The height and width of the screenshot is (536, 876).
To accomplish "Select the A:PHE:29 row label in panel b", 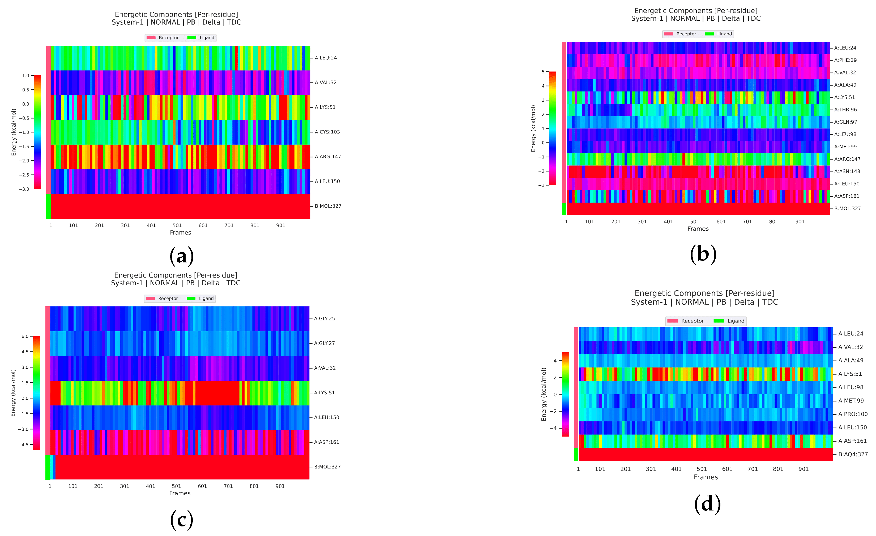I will (845, 60).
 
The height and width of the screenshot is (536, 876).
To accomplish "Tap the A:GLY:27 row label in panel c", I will (324, 343).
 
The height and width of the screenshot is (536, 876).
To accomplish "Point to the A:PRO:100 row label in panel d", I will (853, 414).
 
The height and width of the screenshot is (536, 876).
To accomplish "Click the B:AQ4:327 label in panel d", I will (853, 454).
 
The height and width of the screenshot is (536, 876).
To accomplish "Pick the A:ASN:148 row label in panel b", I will (847, 171).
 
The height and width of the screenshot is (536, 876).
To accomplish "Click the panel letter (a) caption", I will (181, 256).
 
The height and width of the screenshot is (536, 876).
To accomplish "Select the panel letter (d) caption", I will (707, 504).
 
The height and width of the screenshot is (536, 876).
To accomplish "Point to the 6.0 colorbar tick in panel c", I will (25, 336).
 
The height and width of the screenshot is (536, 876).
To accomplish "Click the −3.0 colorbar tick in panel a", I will (24, 189).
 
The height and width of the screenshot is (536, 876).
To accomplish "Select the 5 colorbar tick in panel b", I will (543, 72).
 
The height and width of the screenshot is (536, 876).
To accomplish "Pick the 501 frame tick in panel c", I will (176, 486).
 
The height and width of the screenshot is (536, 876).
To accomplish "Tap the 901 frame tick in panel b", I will (800, 222).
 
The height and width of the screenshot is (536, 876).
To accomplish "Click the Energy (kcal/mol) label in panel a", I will (14, 132).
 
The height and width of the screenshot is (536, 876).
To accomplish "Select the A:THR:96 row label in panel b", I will (845, 110).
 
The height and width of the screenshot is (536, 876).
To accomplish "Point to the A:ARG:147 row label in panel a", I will (327, 157).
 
